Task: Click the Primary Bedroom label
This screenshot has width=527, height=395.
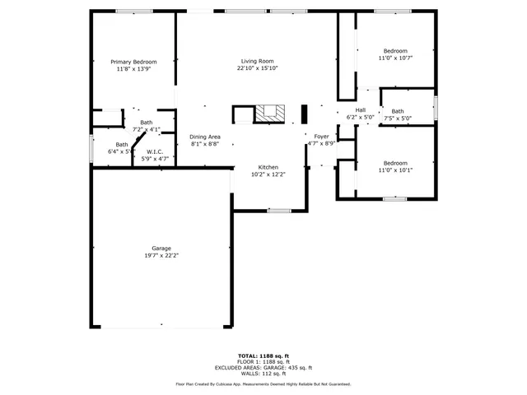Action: [133, 62]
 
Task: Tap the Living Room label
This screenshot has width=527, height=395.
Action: [257, 62]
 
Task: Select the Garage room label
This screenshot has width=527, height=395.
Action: [161, 249]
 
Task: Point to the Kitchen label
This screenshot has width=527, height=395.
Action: [268, 167]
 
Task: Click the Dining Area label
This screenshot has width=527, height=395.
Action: [204, 137]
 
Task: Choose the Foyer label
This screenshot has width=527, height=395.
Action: [321, 137]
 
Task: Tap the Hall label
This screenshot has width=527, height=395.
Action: [360, 110]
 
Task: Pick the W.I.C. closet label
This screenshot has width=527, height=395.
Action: [155, 151]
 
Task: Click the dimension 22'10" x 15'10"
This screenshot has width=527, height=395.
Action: [257, 69]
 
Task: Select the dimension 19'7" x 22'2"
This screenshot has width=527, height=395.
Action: [161, 256]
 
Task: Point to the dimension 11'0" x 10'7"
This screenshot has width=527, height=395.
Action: [394, 58]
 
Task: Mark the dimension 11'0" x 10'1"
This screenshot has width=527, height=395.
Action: [394, 170]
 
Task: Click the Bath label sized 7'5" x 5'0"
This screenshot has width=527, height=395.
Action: [398, 111]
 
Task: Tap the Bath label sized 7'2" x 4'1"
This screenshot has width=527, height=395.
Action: [146, 123]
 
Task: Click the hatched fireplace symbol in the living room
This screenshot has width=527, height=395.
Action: [269, 114]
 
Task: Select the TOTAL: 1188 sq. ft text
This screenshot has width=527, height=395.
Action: [263, 355]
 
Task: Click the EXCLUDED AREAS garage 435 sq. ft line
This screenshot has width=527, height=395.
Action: [263, 367]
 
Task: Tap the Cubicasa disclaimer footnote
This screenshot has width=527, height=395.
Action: [263, 384]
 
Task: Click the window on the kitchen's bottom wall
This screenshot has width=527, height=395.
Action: [279, 211]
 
